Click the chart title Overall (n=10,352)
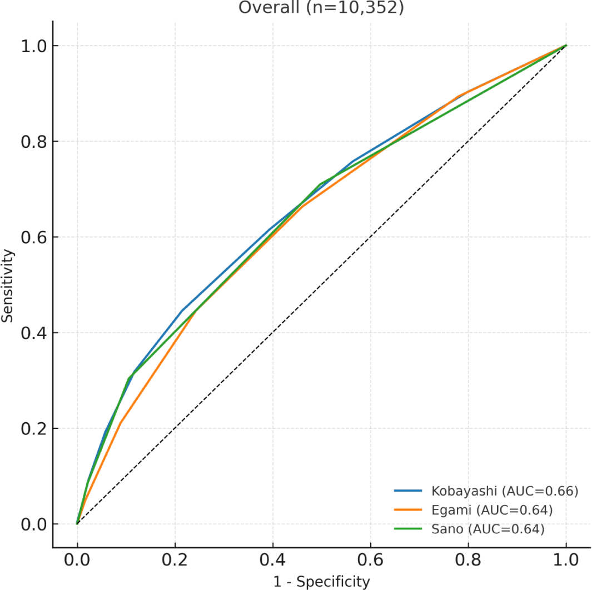point(321,8)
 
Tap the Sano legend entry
point(487,529)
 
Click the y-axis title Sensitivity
point(7,285)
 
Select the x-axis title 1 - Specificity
point(321,581)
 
